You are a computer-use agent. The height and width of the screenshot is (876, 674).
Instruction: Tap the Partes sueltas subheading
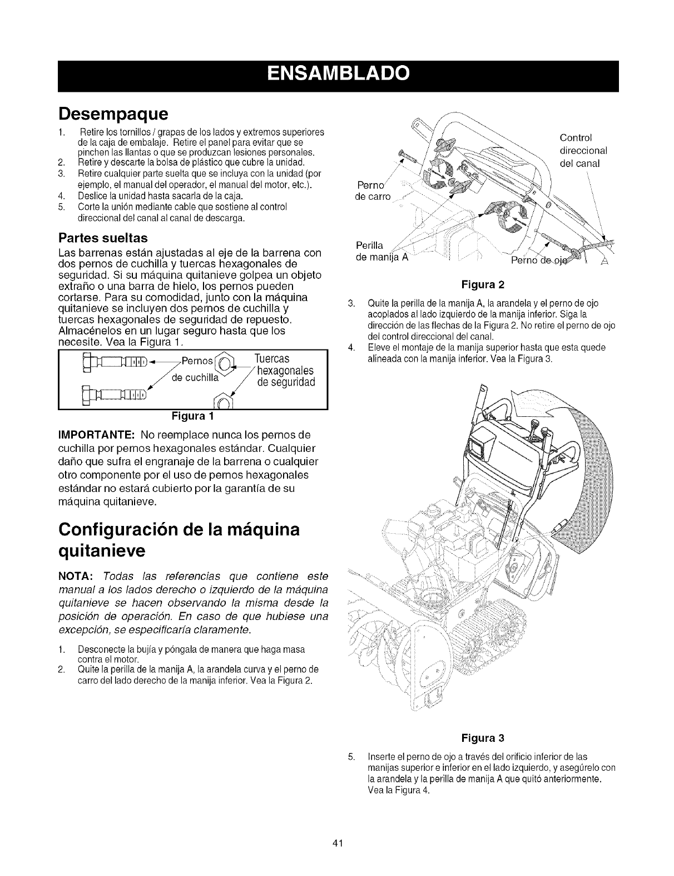point(103,238)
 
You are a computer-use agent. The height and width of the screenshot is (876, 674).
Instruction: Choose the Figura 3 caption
point(483,738)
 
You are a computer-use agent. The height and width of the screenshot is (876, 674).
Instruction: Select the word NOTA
point(77,574)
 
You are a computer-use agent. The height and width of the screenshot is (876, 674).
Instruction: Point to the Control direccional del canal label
point(582,151)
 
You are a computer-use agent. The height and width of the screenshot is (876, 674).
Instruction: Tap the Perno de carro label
point(373,191)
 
